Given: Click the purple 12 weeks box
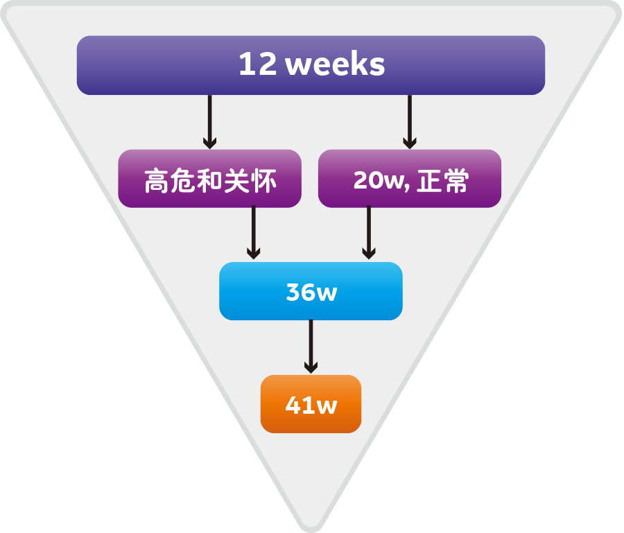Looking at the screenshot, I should coord(311,65).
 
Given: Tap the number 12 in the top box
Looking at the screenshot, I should coord(257,65).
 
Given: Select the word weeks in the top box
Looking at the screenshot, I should coord(335,65).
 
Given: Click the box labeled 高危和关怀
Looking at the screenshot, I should coord(209,179).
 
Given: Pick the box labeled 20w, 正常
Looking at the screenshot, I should coord(409,179).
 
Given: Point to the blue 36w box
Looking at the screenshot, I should coord(311,291).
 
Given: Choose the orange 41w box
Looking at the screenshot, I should coord(311,404).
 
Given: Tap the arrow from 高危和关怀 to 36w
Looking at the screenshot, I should coord(253,234).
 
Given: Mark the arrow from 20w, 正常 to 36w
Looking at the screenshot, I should coord(369,234).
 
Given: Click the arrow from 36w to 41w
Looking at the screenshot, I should coord(311,347).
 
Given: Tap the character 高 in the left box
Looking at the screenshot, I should coord(157,182).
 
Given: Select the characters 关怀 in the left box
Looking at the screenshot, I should coord(250,182).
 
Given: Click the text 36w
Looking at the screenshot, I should coord(311,292).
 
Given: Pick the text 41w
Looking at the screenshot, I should coord(311,405).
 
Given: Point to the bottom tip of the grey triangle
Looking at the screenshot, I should coord(311,527).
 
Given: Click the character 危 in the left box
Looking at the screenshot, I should coord(183,182).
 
